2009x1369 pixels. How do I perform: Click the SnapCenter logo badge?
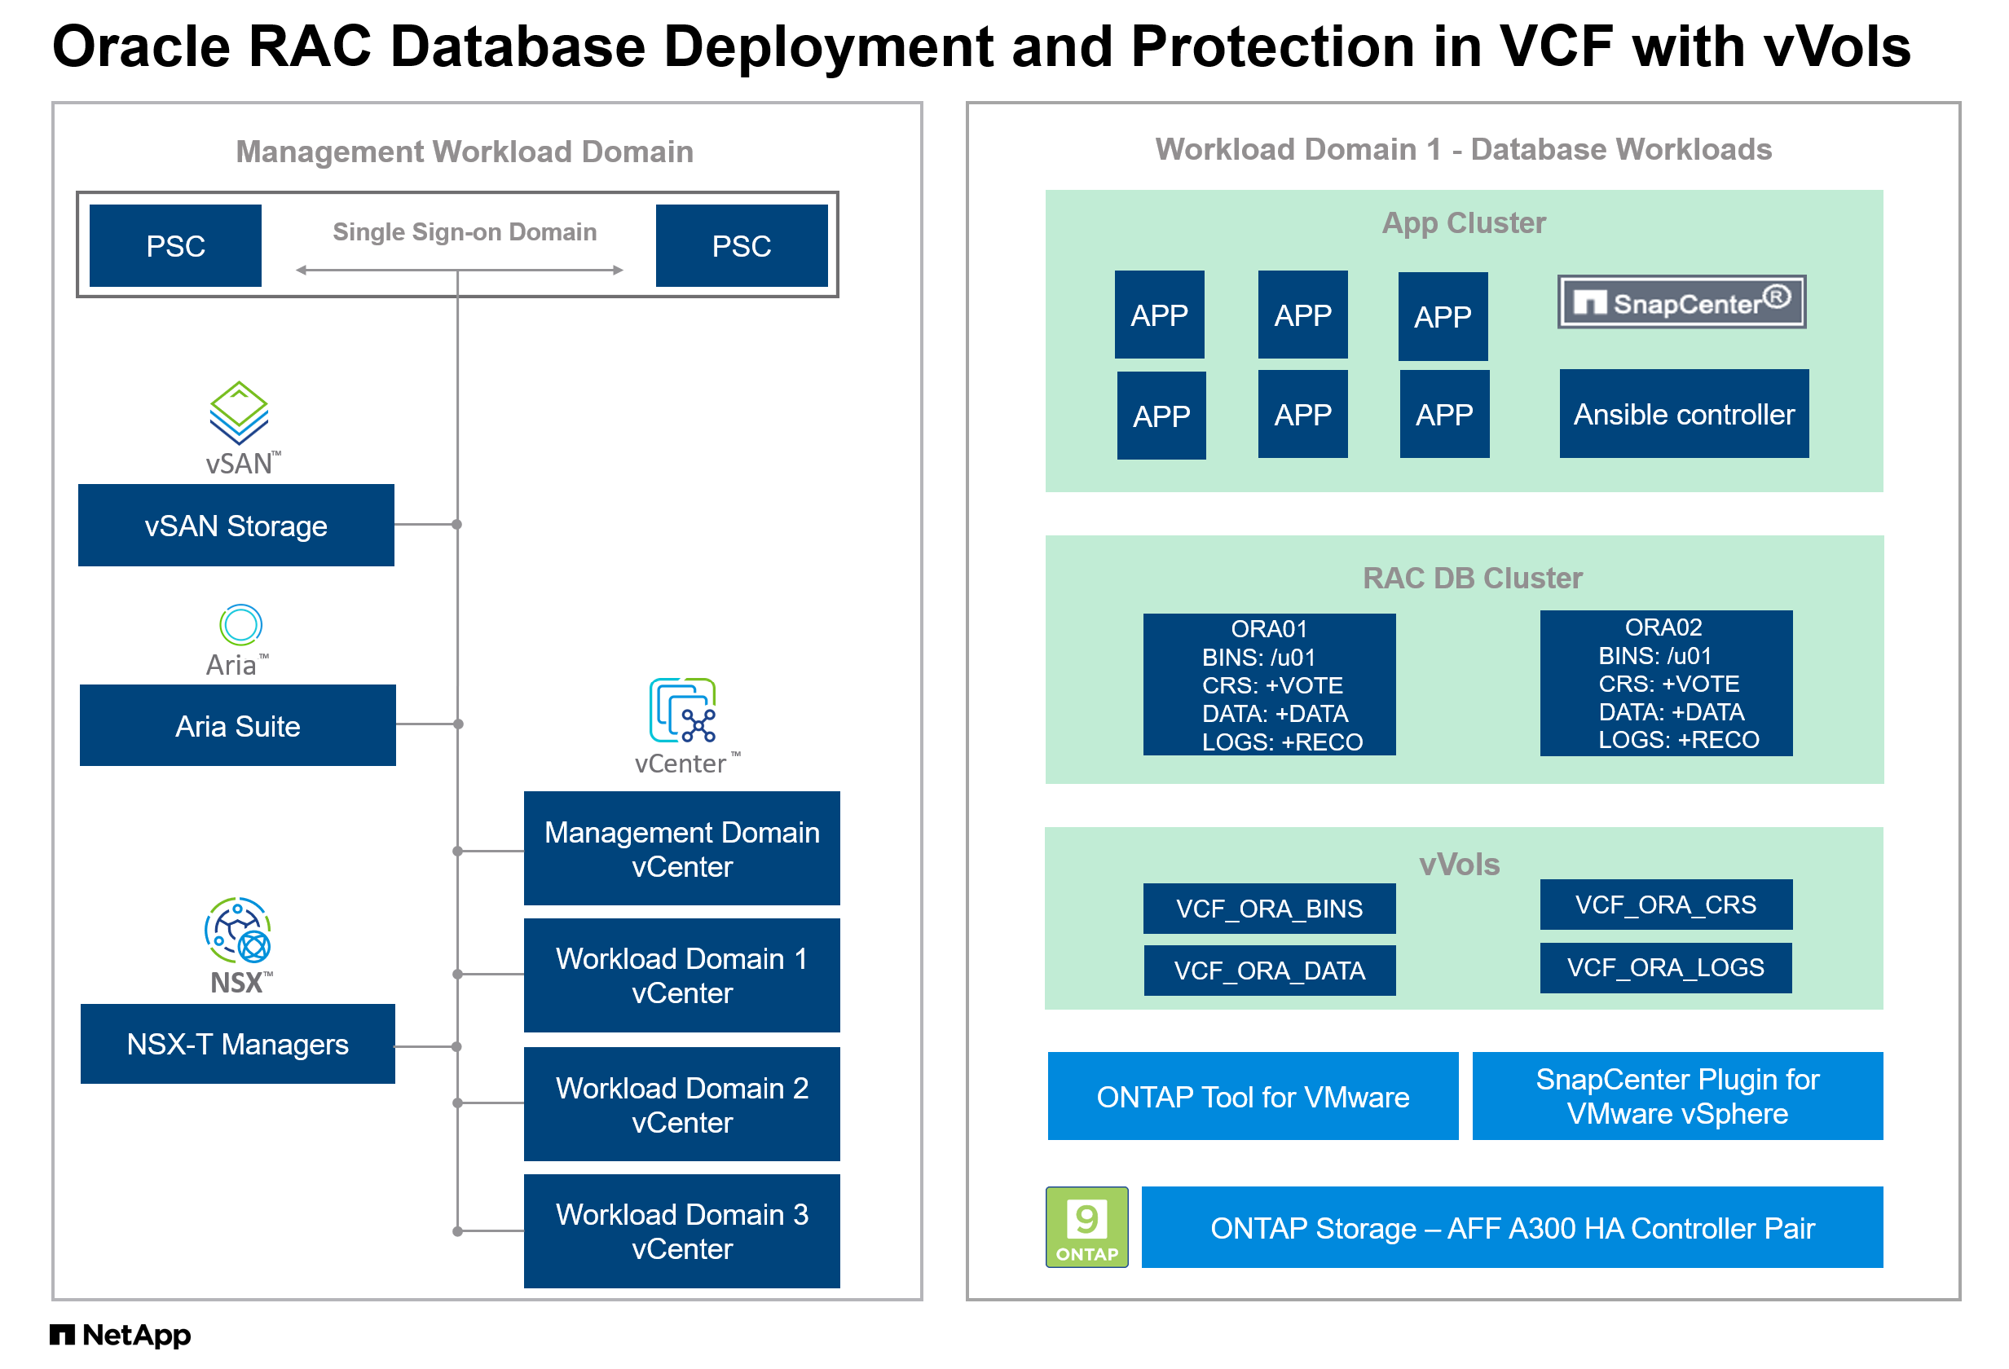1681,302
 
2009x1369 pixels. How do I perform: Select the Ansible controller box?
1683,413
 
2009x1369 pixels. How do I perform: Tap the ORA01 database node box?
1268,684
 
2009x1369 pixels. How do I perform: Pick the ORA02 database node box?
1665,682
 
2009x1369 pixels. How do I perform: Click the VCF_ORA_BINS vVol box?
1268,908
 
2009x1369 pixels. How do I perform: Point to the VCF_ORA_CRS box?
1665,904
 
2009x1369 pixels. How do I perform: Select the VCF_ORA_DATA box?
1268,970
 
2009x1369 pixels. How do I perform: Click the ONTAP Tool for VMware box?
1252,1095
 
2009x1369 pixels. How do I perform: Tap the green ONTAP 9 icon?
1086,1226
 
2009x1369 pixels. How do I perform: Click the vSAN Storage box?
236,525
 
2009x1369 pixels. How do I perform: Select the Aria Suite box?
237,724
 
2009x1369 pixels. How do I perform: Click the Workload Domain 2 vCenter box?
681,1103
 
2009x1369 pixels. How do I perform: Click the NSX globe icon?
238,930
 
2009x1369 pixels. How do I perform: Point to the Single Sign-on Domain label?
465,231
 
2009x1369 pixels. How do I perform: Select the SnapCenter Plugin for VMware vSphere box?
1676,1095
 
